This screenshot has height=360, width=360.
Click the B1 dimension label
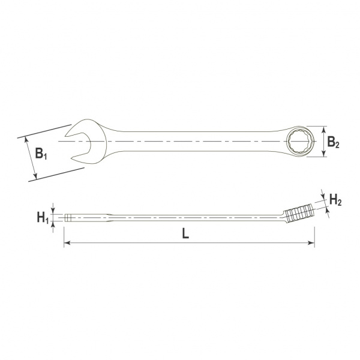[x=41, y=154]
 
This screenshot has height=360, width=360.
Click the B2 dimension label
[x=333, y=142]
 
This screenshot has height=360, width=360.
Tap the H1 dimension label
[x=43, y=218]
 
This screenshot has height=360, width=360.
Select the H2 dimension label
[x=335, y=200]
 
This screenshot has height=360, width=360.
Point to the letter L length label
[x=185, y=234]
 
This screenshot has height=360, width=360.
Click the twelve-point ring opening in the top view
[x=299, y=141]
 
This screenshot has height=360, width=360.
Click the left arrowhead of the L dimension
[x=67, y=243]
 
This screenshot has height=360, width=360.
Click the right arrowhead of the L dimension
[x=311, y=243]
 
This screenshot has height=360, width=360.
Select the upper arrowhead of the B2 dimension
[x=324, y=129]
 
